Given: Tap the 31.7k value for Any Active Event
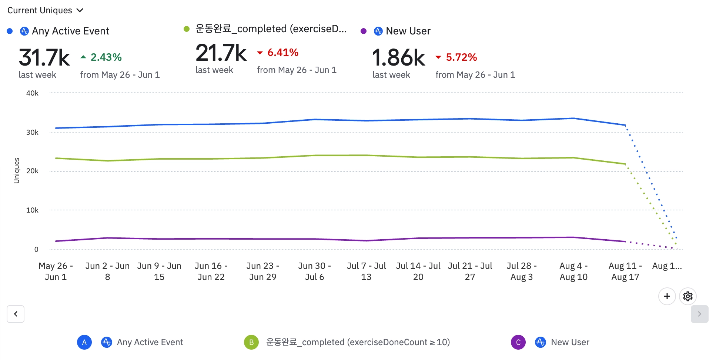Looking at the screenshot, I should (x=44, y=58).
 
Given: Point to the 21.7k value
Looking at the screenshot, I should (x=221, y=53).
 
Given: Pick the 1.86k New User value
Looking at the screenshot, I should (x=398, y=58).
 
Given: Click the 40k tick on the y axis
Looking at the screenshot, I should (x=32, y=93).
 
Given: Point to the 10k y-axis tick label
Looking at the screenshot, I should (x=32, y=210).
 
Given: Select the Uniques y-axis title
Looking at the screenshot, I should (x=16, y=170).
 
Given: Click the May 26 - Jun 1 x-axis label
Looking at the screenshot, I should (x=56, y=271).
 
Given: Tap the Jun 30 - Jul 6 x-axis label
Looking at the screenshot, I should (x=314, y=271).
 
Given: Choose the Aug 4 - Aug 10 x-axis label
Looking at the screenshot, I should (x=573, y=271).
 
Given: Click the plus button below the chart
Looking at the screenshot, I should (x=667, y=296).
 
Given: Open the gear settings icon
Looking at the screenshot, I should (x=687, y=296).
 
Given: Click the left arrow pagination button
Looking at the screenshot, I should (x=16, y=314).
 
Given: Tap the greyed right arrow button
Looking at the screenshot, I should (x=699, y=314).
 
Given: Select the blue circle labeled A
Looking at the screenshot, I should (x=84, y=342).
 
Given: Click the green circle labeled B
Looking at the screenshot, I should (x=251, y=342).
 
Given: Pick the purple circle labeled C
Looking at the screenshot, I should (x=518, y=342).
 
